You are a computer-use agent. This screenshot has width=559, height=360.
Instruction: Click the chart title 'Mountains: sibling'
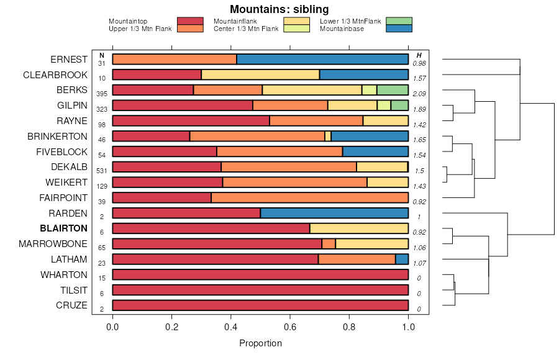coord(279,9)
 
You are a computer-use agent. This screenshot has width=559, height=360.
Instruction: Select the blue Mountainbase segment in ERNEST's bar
coord(322,60)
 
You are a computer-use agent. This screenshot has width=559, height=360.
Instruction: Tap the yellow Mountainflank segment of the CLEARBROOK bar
coord(260,75)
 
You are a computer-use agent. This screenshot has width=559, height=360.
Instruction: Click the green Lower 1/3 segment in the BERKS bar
coord(393,90)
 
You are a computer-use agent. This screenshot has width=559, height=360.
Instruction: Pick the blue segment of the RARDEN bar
coord(334,214)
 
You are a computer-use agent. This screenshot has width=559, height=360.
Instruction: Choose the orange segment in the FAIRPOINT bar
coord(309,198)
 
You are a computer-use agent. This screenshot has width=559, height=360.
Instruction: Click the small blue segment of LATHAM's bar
coord(402,259)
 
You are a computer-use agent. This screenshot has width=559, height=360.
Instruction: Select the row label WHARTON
coord(64,275)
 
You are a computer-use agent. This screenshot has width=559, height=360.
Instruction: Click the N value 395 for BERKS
coord(101,94)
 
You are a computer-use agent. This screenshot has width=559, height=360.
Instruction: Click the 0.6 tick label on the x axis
coord(349,326)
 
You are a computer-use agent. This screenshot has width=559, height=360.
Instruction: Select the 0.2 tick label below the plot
coord(171,326)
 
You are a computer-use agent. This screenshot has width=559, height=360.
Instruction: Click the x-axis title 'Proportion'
coord(260,343)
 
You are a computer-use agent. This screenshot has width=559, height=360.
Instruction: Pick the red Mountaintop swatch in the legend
coord(190,21)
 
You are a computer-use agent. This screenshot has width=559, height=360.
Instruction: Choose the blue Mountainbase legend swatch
coord(398,28)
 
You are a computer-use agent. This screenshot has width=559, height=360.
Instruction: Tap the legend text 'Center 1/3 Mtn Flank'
coord(245,29)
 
